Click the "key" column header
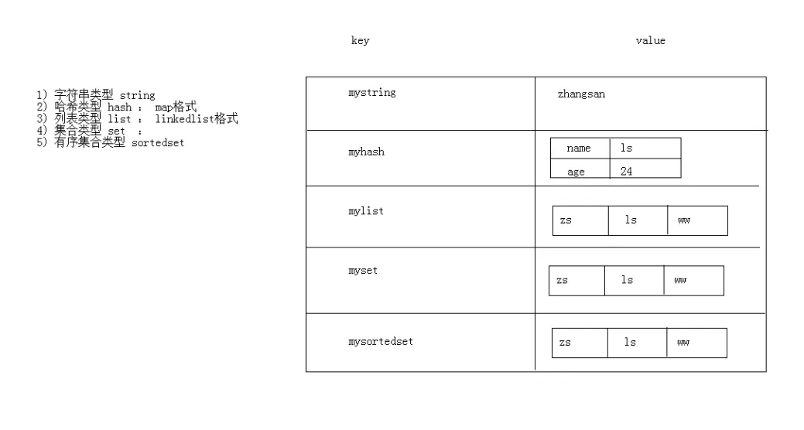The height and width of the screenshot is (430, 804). [x=360, y=41]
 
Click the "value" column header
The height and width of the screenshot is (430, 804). [x=650, y=41]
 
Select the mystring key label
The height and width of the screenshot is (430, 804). [x=371, y=93]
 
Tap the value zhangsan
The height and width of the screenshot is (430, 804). [x=581, y=94]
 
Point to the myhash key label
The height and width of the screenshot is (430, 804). [x=366, y=152]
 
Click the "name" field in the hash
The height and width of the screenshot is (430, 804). [x=578, y=148]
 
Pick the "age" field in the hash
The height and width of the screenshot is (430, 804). [x=576, y=172]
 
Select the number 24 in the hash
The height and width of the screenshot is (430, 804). [x=626, y=172]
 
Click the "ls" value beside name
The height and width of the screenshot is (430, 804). [x=626, y=148]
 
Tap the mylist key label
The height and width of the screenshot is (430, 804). [x=366, y=211]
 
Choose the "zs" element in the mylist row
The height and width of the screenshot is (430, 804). [x=566, y=220]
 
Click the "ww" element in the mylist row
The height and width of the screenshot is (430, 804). [x=683, y=220]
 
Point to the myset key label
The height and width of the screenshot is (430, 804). [x=363, y=271]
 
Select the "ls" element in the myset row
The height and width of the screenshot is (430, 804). [x=627, y=280]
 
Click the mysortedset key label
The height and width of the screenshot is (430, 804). [x=381, y=341]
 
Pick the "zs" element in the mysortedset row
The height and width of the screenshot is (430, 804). [x=565, y=343]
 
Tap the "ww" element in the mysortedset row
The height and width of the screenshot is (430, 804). [x=683, y=343]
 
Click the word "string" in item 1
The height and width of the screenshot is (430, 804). [x=137, y=96]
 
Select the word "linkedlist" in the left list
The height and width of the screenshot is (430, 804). [x=184, y=119]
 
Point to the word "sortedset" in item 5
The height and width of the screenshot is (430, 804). [x=158, y=143]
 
